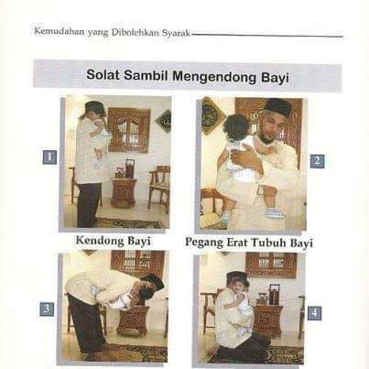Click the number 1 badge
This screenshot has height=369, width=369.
49,157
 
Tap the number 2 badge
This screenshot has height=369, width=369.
317,160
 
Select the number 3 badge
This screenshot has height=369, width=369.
47,309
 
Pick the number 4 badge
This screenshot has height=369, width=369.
314,313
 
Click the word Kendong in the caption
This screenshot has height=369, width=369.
100,240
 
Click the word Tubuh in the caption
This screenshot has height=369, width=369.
268,243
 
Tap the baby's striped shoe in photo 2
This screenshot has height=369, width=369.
276,212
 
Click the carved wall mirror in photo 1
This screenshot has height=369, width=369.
129,130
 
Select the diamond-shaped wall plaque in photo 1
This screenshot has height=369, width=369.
164,121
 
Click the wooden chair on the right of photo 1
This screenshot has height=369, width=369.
159,189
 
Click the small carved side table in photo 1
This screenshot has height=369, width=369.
124,193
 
